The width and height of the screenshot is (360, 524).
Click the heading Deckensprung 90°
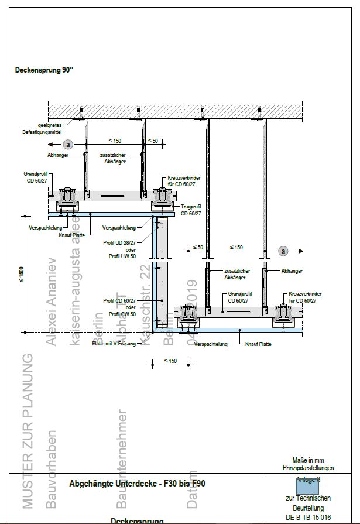(x=44, y=70)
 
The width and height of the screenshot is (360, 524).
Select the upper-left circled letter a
(x=68, y=143)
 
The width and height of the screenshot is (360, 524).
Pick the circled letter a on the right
(x=284, y=251)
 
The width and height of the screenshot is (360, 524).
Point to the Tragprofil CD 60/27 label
(x=191, y=210)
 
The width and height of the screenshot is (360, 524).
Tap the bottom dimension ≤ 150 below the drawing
(x=170, y=361)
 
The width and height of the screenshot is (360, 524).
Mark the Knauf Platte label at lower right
(x=258, y=344)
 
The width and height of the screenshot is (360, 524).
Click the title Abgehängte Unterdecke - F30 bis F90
(x=138, y=484)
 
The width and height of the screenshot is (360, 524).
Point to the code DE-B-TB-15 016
(x=308, y=518)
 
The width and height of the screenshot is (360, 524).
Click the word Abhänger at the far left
(x=58, y=155)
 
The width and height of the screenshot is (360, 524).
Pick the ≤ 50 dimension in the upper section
(x=152, y=141)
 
